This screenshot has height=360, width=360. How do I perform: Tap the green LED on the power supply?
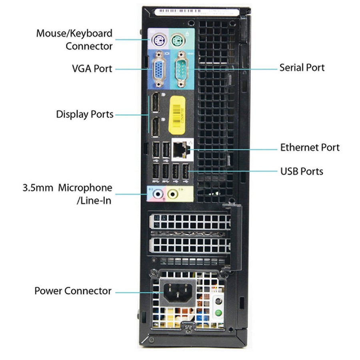point(218,312)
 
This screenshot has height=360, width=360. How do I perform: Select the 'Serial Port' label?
point(302,67)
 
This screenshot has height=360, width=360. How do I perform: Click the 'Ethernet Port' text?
point(310,147)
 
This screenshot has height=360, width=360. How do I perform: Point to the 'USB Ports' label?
point(301,171)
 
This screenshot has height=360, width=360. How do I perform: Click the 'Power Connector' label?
point(73,291)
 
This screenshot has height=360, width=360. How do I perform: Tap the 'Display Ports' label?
point(85,114)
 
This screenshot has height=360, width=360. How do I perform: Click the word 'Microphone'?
point(85,188)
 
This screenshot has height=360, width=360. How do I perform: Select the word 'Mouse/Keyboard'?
point(74,33)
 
